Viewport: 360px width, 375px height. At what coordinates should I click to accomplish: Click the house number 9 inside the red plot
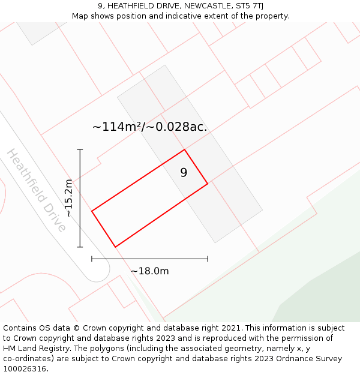pos(184,173)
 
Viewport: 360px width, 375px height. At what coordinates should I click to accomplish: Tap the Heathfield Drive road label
pos(37,190)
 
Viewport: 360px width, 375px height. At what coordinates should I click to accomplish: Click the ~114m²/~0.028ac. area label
pos(149,127)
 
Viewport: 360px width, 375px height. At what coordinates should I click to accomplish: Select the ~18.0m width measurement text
pos(150,271)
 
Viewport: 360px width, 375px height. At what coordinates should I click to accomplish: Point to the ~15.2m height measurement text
pos(68,198)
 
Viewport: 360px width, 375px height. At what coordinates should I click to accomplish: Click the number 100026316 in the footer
pos(25,369)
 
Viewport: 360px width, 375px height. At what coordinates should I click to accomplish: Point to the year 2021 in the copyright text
pos(229,328)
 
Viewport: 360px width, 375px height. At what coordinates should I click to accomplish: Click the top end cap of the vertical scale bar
pos(80,149)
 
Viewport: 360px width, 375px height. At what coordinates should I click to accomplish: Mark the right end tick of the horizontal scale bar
pos(208,259)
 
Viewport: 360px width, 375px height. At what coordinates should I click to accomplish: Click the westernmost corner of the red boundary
pos(92,211)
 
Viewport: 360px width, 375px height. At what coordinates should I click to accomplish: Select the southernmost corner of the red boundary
pos(115,247)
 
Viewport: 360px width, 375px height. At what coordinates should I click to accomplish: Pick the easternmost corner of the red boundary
pos(208,184)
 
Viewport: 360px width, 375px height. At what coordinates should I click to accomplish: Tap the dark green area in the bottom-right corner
pos(324,294)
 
